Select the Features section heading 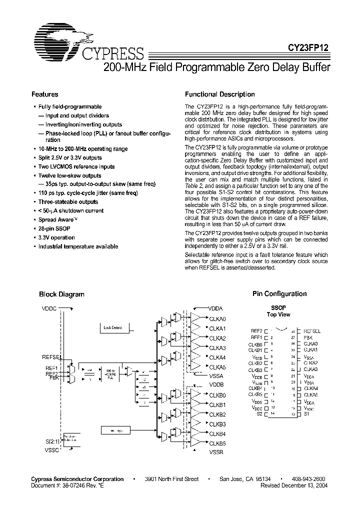[45, 94]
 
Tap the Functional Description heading [219, 94]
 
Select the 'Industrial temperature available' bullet [78, 246]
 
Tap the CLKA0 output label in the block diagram [217, 319]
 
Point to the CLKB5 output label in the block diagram [217, 443]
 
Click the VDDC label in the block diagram [50, 308]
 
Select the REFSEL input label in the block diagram [52, 357]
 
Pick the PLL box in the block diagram [109, 372]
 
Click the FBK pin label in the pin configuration [308, 338]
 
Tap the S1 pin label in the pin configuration [307, 414]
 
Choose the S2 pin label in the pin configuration [259, 414]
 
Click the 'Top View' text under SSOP [278, 315]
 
